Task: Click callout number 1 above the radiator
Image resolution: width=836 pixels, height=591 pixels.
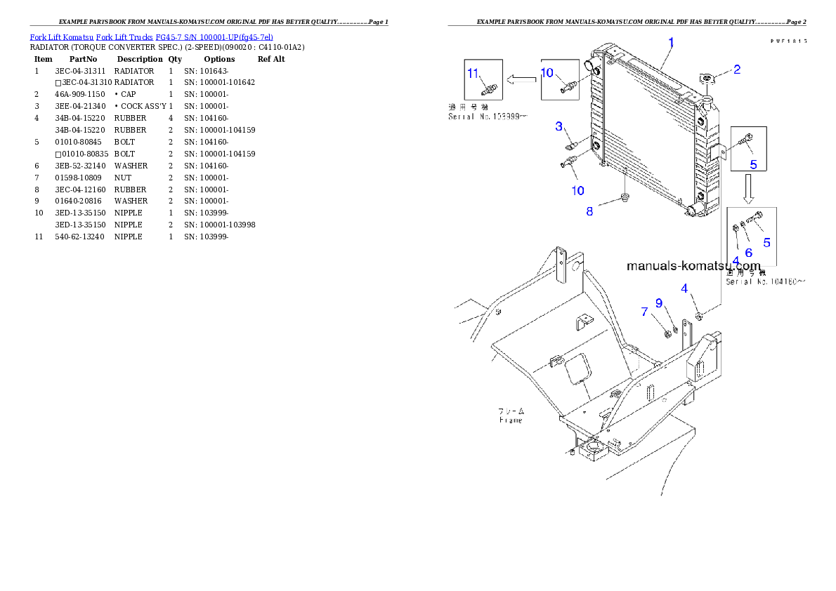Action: tap(671, 42)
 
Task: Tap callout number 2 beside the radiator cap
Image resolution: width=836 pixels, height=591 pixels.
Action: tap(736, 69)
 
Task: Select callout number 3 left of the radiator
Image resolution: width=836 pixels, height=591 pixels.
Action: tap(559, 126)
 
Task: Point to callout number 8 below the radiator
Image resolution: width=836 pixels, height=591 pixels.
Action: tap(589, 211)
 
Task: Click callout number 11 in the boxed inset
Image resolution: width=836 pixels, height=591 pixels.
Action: tap(473, 74)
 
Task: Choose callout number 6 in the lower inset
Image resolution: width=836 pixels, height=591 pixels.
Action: tap(748, 252)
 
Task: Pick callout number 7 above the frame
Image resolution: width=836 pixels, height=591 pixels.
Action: tap(644, 311)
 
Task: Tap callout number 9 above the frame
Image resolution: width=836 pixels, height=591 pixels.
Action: tap(659, 303)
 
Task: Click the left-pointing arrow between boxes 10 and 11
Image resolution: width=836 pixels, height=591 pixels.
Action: tap(521, 80)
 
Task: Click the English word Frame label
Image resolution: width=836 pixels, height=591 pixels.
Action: tap(511, 420)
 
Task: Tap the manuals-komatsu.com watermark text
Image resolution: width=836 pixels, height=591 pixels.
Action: tap(693, 266)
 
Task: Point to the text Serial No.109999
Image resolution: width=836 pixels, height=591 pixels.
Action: tap(487, 117)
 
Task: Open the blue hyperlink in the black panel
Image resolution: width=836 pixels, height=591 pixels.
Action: tap(151, 36)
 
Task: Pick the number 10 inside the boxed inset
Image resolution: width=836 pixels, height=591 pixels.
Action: tap(547, 72)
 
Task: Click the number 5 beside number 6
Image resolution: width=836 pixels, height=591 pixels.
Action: tap(766, 242)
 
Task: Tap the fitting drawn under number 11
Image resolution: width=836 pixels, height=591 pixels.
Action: tap(485, 89)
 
